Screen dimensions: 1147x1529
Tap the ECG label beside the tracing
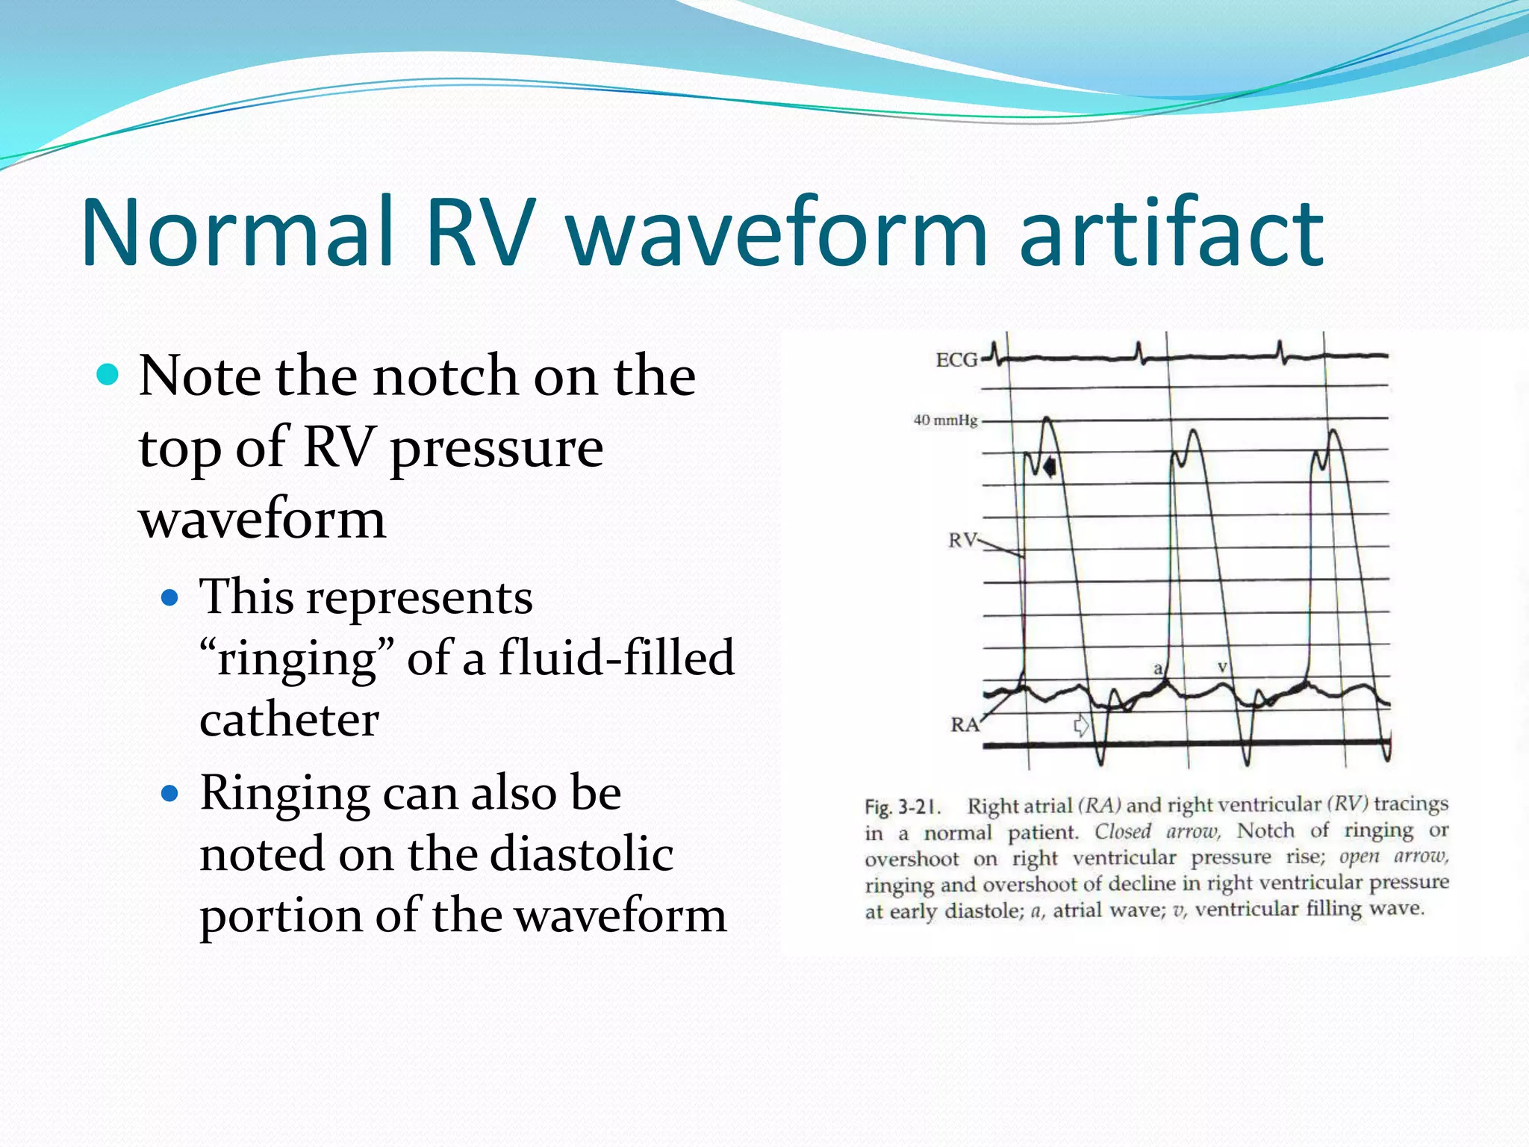coord(956,360)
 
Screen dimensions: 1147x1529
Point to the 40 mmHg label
coord(944,420)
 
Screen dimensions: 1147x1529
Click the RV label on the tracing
coord(962,539)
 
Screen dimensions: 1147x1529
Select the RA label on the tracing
coord(964,724)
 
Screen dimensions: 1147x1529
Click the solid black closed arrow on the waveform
coord(1050,467)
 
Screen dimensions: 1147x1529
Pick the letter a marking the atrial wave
coord(1158,668)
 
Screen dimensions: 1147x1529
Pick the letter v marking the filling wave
coord(1222,665)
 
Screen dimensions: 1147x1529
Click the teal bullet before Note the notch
coord(108,374)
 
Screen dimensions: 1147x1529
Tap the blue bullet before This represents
coord(170,597)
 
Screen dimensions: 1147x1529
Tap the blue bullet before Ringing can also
coord(170,793)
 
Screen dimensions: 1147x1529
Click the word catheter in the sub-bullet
coord(289,720)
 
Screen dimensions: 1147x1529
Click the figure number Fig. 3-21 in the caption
coord(900,807)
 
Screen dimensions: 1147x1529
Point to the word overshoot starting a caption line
coord(912,860)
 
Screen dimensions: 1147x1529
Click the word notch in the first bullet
coord(446,376)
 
